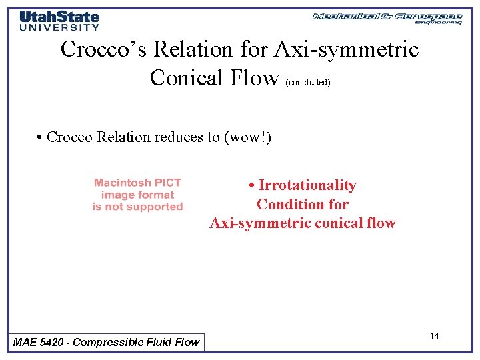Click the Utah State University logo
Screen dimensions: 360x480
59,20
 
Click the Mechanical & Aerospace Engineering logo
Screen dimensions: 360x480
387,18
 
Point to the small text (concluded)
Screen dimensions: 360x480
307,83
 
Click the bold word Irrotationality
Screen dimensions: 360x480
307,185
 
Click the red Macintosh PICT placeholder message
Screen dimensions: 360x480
137,195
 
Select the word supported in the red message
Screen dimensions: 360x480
155,207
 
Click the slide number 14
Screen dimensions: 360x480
434,336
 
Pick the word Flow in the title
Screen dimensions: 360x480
255,78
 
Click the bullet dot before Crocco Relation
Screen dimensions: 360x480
40,137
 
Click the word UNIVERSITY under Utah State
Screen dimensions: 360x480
59,27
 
